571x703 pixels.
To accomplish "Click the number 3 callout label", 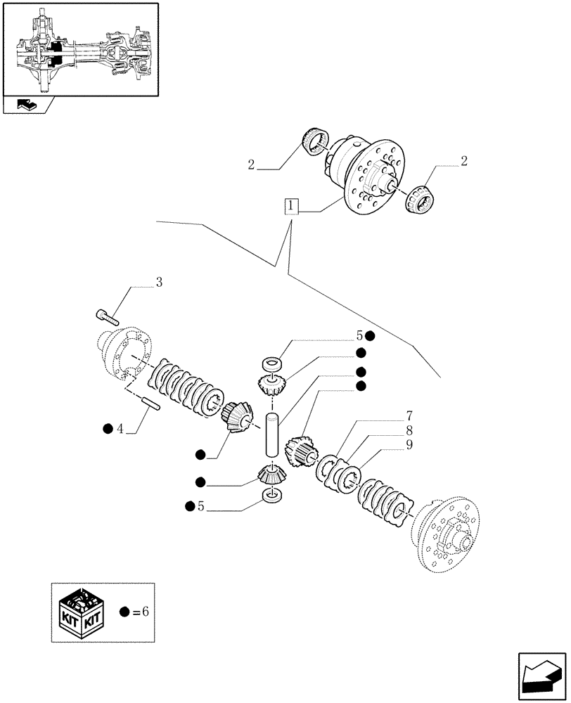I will tap(159, 283).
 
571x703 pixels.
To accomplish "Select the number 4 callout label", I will tap(120, 428).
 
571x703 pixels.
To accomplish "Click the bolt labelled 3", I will tap(108, 316).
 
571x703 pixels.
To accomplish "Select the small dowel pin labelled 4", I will tap(152, 404).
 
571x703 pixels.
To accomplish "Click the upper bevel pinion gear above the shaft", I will tap(271, 385).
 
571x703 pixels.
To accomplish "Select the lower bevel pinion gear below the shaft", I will tap(271, 476).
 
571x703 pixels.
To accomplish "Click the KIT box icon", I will tap(82, 612).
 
